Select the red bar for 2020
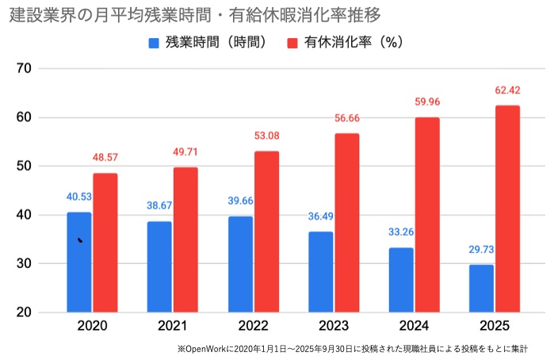click(x=105, y=243)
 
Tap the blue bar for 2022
click(x=241, y=264)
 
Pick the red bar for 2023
click(x=347, y=223)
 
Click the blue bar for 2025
click(x=481, y=288)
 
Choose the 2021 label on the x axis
click(x=173, y=326)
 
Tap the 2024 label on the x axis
click(x=414, y=326)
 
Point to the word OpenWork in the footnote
click(x=206, y=348)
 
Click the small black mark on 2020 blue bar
click(x=80, y=239)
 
